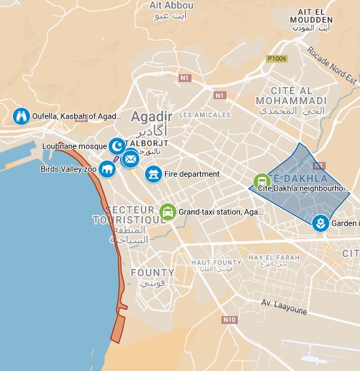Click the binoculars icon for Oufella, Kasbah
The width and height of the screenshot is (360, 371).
(x=21, y=116)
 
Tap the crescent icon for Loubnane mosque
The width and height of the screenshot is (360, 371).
(x=116, y=146)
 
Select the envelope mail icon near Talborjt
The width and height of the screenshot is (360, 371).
(x=130, y=159)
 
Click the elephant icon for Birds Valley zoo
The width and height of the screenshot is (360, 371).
(x=107, y=169)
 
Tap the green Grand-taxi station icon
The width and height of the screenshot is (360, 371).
(x=168, y=212)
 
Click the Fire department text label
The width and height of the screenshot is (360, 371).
(x=191, y=174)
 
